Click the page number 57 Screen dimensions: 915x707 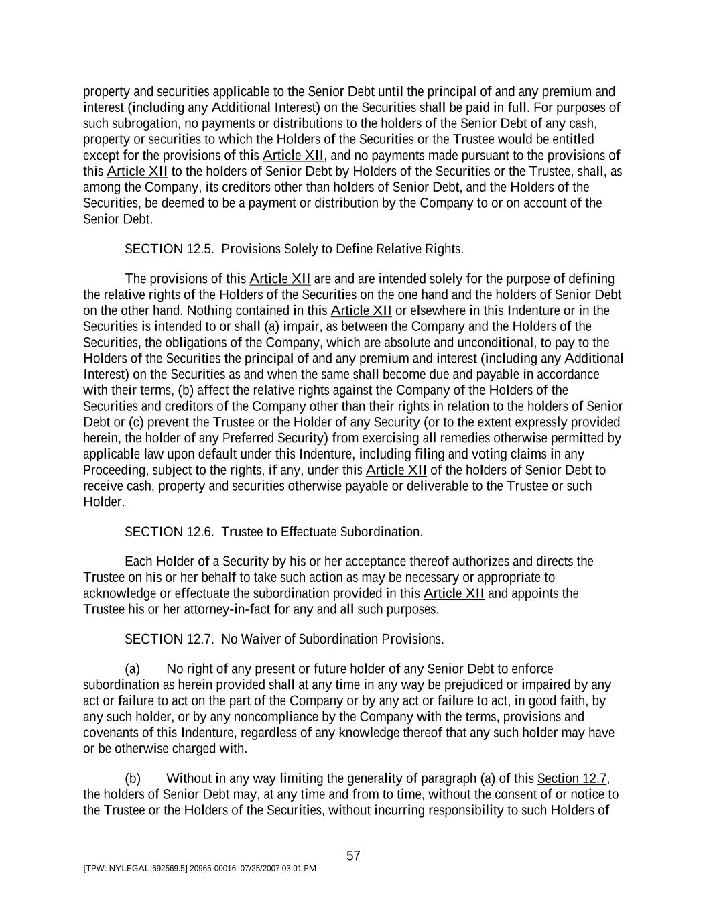pos(353,856)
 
